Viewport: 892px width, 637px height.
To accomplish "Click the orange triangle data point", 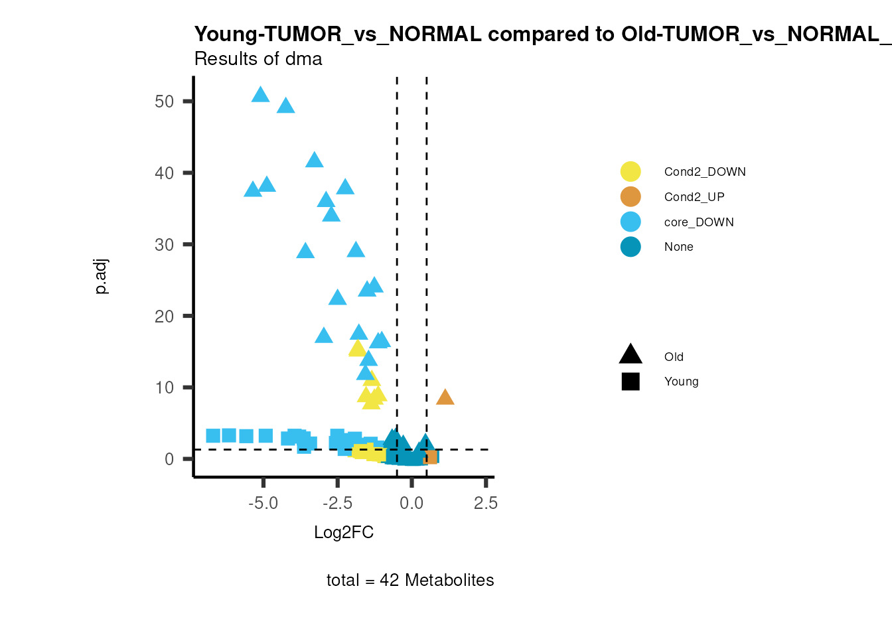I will click(x=445, y=397).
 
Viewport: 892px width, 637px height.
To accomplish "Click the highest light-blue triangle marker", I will click(x=261, y=95).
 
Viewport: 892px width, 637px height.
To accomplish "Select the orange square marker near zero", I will click(x=431, y=457).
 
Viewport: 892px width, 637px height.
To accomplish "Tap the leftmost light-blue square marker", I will click(x=213, y=435).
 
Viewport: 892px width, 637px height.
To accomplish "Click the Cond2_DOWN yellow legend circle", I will click(x=631, y=171).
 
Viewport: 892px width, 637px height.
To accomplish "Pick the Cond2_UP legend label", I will click(x=694, y=197).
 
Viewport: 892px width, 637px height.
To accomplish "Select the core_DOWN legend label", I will click(x=699, y=222).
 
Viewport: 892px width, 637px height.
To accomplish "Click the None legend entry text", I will click(x=678, y=247).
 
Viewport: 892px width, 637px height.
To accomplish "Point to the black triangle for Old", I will click(x=631, y=355).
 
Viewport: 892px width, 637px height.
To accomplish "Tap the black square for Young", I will click(x=631, y=382).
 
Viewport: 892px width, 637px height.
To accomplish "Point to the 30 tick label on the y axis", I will click(x=164, y=245).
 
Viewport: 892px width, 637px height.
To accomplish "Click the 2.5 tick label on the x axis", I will click(x=485, y=504).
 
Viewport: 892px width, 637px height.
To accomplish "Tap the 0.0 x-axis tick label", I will click(x=411, y=504).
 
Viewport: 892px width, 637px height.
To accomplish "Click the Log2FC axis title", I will click(x=344, y=533).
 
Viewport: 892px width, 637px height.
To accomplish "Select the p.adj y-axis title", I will click(x=101, y=277).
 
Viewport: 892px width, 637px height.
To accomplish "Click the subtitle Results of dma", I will click(x=258, y=59).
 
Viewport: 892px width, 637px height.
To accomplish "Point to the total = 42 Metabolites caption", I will click(x=410, y=581).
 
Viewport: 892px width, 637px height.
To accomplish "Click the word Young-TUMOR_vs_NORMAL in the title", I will click(x=338, y=35).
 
